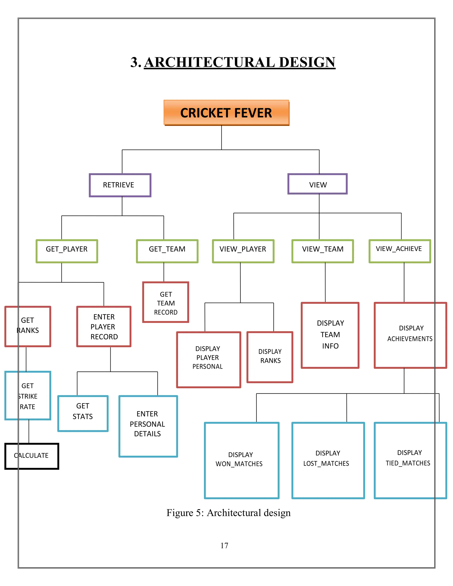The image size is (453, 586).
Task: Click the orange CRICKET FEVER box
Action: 226,112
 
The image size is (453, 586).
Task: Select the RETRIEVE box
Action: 120,185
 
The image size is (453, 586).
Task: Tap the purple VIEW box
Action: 317,184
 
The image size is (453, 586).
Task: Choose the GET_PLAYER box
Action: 67,251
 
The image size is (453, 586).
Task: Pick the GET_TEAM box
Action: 167,251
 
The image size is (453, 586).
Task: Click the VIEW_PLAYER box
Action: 243,251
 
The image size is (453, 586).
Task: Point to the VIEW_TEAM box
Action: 322,251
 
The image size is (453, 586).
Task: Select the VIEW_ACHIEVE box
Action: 400,251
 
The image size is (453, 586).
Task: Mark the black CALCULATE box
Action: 32,456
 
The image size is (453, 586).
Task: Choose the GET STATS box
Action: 83,413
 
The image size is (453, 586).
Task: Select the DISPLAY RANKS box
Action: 270,357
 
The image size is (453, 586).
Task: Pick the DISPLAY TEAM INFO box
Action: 330,335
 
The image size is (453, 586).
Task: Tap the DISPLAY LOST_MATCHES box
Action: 328,460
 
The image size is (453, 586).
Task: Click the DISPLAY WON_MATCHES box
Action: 242,460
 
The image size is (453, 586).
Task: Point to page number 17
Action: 224,546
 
